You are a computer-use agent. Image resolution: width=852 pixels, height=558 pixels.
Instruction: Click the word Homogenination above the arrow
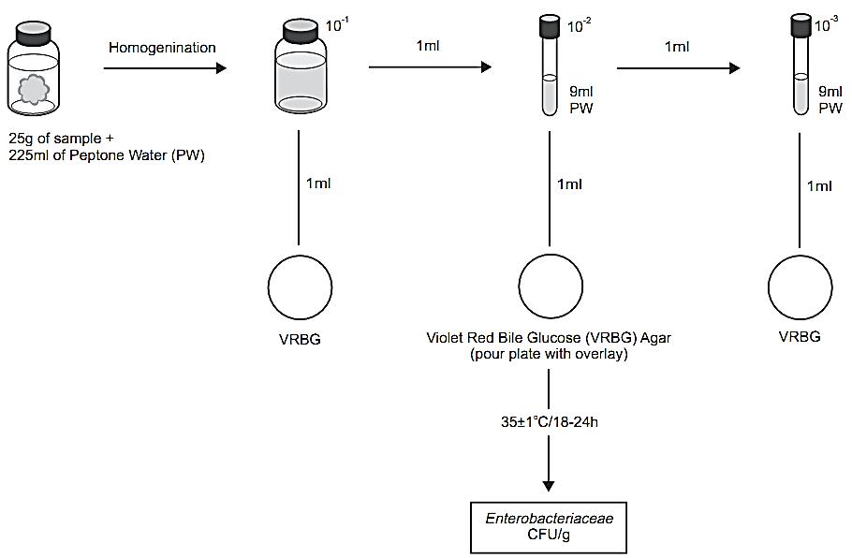tap(162, 48)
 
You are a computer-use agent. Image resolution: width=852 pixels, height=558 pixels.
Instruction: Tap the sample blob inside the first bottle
tap(35, 90)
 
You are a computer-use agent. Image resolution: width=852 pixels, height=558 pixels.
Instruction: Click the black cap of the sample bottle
tap(33, 33)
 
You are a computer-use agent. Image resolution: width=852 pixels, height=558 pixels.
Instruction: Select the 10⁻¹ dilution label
tap(337, 25)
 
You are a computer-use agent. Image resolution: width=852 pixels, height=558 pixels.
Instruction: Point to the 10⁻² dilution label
tap(580, 25)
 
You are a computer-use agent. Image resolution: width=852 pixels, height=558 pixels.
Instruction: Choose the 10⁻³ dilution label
tap(827, 24)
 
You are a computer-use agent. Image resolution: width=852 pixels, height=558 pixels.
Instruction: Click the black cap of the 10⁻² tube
tap(550, 26)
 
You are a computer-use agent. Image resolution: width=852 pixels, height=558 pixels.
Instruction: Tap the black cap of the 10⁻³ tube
tap(801, 25)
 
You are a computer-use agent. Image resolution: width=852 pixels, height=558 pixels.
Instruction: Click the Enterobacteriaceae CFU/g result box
tap(549, 527)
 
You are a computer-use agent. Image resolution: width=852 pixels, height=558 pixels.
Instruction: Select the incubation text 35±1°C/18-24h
tap(550, 421)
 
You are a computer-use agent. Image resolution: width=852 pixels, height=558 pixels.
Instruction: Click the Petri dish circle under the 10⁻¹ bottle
tap(300, 287)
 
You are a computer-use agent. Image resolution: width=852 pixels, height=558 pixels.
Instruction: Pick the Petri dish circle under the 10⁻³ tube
tap(800, 287)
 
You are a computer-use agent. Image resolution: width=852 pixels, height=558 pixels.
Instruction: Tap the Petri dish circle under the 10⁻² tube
tap(551, 286)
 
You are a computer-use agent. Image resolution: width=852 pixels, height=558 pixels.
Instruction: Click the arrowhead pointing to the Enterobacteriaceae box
tap(549, 486)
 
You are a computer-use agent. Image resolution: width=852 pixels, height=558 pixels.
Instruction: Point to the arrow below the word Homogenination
tap(165, 68)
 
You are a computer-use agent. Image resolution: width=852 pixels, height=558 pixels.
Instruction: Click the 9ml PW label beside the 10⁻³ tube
tap(830, 99)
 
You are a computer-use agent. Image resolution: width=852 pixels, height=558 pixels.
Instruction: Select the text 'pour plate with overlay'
tap(549, 354)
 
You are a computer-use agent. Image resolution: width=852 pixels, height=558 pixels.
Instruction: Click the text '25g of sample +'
tap(62, 139)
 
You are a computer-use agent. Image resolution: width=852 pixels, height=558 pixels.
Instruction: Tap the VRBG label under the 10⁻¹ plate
tap(300, 340)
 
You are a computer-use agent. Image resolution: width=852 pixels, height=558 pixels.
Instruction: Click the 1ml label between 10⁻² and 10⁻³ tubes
tap(677, 47)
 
